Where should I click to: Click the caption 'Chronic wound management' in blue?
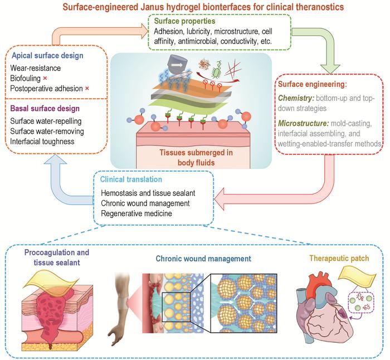[x=204, y=259]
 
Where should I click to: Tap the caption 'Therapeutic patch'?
[x=338, y=259]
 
